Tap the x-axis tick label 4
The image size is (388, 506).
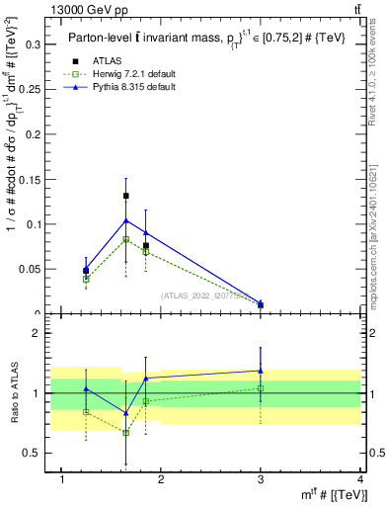pos(361,479)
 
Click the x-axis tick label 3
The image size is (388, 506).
pos(261,479)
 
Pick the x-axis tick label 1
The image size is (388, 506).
pos(62,479)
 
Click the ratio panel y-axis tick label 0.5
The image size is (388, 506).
pos(31,453)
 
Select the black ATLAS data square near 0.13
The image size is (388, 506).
pos(125,196)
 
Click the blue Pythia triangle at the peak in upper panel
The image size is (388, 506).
pos(125,219)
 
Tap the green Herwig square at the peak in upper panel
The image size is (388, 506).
pos(125,239)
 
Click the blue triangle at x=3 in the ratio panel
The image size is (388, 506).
pos(261,371)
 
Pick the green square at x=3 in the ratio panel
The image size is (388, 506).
pos(261,387)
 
